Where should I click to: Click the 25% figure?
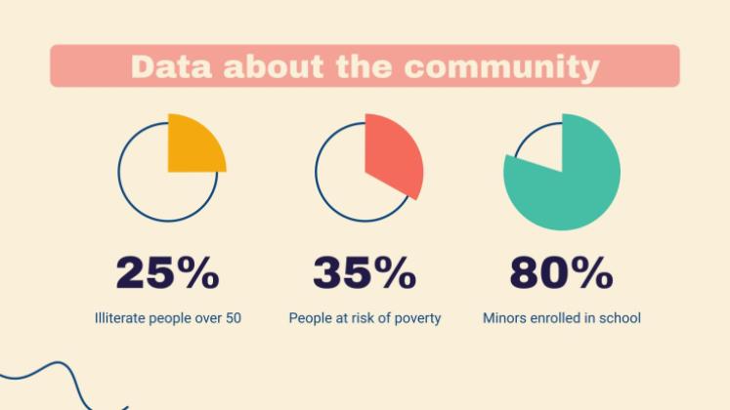click(168, 274)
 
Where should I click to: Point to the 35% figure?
click(365, 274)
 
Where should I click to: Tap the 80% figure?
click(562, 274)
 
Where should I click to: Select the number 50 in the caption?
click(233, 318)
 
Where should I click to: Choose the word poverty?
click(417, 318)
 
